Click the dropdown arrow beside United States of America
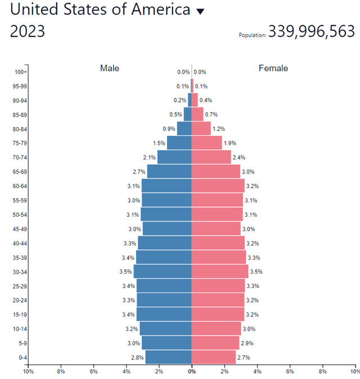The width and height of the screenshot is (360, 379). pos(200,12)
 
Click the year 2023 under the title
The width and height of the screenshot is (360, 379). pos(28,32)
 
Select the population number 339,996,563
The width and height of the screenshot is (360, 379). pos(311,32)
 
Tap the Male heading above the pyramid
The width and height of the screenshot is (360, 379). pos(110,68)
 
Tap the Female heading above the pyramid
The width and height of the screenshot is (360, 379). pos(273,68)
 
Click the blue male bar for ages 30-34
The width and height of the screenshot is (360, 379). pos(163,271)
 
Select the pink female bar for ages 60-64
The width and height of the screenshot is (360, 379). pos(218,186)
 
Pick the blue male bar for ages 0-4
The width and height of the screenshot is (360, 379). pos(169,357)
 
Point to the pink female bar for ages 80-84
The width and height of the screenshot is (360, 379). pos(201,128)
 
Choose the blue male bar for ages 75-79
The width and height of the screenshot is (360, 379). pos(179,143)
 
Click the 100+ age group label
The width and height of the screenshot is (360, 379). pos(21,72)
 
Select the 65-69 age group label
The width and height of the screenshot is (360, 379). pos(20,172)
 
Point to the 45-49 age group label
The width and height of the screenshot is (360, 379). pos(20,229)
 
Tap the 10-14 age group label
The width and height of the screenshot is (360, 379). pos(20,328)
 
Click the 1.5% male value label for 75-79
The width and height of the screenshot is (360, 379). pos(159,144)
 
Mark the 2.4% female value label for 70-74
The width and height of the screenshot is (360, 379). pos(238,158)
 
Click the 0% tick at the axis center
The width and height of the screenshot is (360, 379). pos(192,372)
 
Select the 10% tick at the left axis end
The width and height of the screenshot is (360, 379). pos(27,372)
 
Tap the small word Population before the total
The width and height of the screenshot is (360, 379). pos(253,35)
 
